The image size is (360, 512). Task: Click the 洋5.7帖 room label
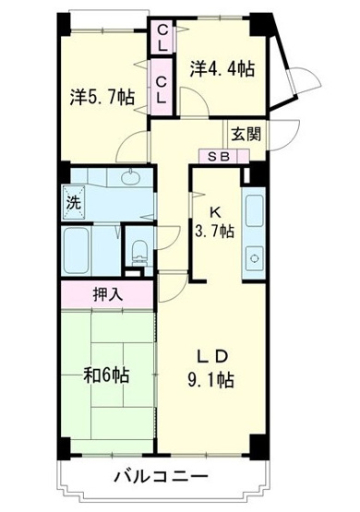pyautogui.click(x=102, y=95)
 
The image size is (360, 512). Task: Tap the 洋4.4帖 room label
pyautogui.click(x=222, y=68)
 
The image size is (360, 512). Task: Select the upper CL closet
pyautogui.click(x=162, y=40)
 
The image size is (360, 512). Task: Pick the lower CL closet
pyautogui.click(x=162, y=88)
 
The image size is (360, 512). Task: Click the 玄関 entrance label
pyautogui.click(x=246, y=133)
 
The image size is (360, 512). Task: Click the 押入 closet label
pyautogui.click(x=106, y=297)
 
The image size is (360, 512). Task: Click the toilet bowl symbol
pyautogui.click(x=139, y=249)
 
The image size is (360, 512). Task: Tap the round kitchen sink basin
pyautogui.click(x=251, y=255)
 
